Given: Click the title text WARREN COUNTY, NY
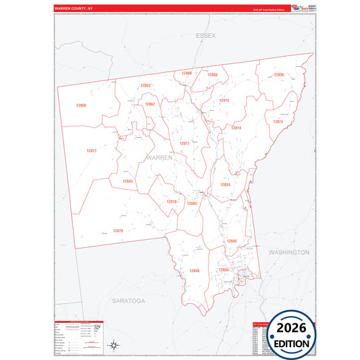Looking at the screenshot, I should (x=78, y=9).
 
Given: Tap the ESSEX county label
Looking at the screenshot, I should (x=205, y=34).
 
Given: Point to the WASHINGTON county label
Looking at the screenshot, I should (x=288, y=252).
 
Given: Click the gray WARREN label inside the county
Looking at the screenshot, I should (x=159, y=157).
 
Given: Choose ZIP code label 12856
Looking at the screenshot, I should (x=81, y=105).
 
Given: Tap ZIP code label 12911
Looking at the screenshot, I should (x=92, y=150).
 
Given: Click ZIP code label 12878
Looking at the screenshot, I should (x=118, y=231).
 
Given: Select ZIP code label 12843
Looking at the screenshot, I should (x=128, y=181).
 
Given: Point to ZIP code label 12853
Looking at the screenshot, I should (x=145, y=86).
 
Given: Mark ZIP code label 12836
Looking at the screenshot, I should (x=279, y=74).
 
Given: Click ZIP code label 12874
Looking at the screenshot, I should (x=278, y=122).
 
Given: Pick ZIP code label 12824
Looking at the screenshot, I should (x=225, y=184).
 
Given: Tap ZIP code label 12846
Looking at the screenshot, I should (x=195, y=270).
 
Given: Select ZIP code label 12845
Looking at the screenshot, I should (x=232, y=240).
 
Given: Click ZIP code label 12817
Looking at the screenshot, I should (x=184, y=143).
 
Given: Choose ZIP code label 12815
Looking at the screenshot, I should (x=224, y=100).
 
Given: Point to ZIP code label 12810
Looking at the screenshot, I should (x=172, y=201).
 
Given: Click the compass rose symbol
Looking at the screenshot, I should (x=115, y=345).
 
